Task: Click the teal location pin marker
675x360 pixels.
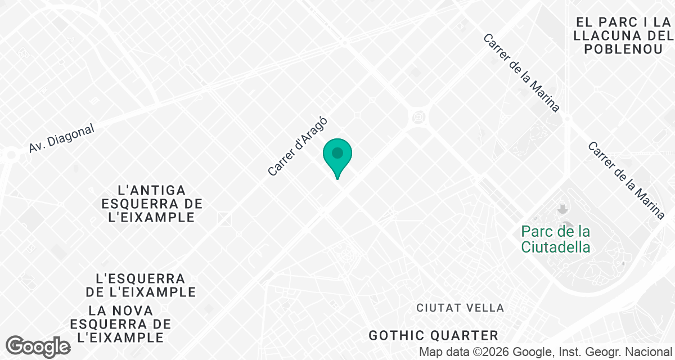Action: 337,157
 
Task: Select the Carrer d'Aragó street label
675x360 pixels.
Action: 297,146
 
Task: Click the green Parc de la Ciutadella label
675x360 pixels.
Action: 555,239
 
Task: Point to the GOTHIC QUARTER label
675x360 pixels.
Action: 433,336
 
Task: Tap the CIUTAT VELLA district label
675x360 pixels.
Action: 460,308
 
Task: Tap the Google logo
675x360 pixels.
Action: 38,346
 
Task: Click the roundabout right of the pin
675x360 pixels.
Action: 419,116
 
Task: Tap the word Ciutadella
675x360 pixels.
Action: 555,246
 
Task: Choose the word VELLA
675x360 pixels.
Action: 485,308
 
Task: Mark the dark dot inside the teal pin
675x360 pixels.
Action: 337,152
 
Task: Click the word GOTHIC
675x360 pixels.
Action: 395,336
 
